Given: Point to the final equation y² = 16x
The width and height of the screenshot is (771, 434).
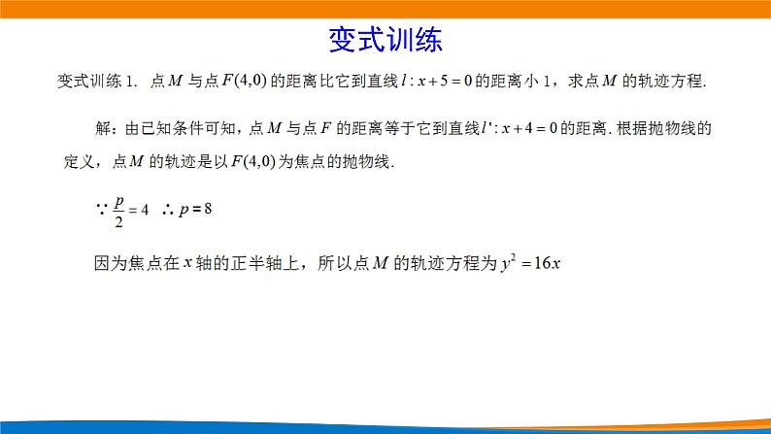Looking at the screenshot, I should [x=532, y=262].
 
